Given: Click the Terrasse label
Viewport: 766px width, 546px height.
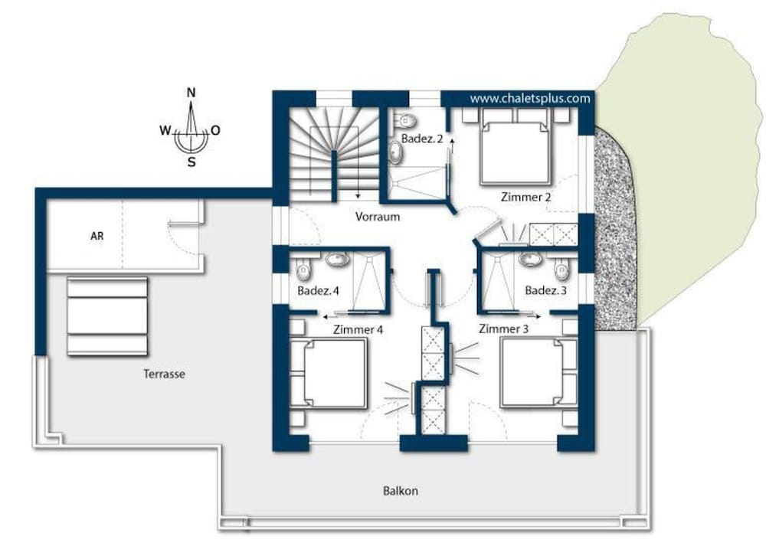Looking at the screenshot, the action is tap(164, 374).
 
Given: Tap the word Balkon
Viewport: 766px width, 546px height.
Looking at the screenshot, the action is tap(400, 491).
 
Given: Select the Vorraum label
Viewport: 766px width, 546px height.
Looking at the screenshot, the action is tap(378, 217).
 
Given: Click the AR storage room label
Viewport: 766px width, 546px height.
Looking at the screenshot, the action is tap(97, 236).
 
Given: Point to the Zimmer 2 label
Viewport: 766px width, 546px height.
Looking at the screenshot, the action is tap(526, 198).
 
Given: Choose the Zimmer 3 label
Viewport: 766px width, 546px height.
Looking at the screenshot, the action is tap(504, 329).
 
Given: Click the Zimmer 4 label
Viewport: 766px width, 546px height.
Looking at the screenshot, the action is tap(358, 329).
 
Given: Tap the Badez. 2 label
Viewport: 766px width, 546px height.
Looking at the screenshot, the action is tap(422, 139).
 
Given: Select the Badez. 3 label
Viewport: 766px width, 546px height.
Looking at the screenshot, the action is tap(545, 290).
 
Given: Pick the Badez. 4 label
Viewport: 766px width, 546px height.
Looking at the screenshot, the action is tap(318, 291).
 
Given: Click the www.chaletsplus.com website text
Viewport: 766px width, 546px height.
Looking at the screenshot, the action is tap(530, 99).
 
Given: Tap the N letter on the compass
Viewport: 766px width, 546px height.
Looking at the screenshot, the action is tap(191, 93).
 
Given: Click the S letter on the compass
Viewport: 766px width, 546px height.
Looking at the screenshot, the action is tap(191, 162).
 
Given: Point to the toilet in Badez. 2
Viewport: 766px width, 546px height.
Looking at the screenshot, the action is tap(406, 119).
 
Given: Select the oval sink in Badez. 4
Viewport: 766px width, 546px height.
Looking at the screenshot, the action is tap(337, 260).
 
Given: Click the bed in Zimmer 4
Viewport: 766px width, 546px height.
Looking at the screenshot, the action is tap(329, 373).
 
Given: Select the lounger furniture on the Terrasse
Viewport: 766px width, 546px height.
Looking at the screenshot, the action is tap(107, 316).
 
